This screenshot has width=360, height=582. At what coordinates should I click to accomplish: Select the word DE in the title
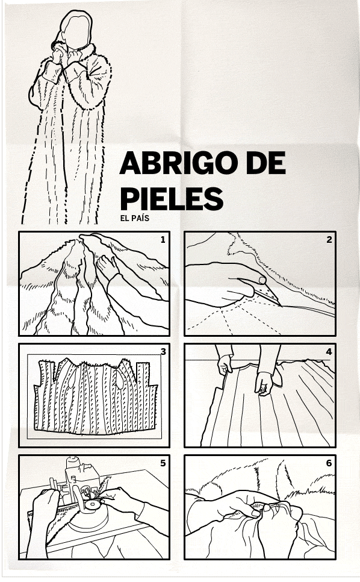pyautogui.click(x=265, y=162)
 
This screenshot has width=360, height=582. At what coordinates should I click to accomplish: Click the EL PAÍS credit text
pyautogui.click(x=135, y=218)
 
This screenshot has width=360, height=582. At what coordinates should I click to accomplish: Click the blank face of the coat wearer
pyautogui.click(x=76, y=31)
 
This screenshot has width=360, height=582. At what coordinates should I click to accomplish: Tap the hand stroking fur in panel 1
pyautogui.click(x=108, y=268)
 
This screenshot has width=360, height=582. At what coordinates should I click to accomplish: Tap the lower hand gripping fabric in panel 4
pyautogui.click(x=264, y=383)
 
